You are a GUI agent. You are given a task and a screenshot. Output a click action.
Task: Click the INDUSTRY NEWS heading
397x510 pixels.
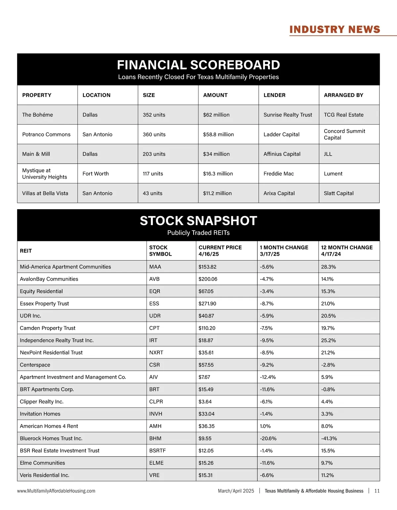tap(335, 29)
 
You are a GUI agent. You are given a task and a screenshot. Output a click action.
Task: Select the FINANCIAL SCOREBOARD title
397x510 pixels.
tap(198, 65)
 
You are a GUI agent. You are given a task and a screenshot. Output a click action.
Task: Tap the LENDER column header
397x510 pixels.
tap(274, 95)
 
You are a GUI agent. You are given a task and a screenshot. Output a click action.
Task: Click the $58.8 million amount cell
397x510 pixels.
tap(218, 134)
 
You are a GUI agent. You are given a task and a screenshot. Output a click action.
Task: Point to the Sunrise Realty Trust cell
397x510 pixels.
tap(287, 115)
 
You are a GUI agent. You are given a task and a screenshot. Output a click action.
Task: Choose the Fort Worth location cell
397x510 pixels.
tap(96, 174)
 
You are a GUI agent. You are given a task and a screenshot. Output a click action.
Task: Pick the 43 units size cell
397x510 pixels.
tap(153, 193)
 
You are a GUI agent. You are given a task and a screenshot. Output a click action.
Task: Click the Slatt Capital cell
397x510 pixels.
tap(338, 193)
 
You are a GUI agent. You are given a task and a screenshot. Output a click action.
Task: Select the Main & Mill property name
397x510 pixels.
tap(36, 154)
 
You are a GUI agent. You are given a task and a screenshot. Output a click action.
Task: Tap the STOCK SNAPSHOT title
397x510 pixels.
tap(198, 221)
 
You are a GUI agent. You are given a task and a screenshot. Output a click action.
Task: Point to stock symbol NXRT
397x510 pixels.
tap(156, 352)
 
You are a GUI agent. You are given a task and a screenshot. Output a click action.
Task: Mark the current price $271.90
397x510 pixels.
tap(207, 303)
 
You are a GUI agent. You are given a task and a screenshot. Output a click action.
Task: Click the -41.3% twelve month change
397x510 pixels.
tap(329, 438)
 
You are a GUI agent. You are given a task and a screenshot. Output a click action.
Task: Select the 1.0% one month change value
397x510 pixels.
tap(265, 426)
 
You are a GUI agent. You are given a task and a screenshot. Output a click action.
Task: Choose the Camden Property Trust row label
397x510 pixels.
tap(48, 328)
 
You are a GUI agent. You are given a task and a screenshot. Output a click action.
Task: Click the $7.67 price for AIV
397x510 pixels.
tap(204, 377)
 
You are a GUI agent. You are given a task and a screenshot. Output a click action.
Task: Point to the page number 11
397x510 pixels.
tap(377, 491)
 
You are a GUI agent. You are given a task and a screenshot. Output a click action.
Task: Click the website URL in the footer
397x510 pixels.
tap(56, 491)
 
